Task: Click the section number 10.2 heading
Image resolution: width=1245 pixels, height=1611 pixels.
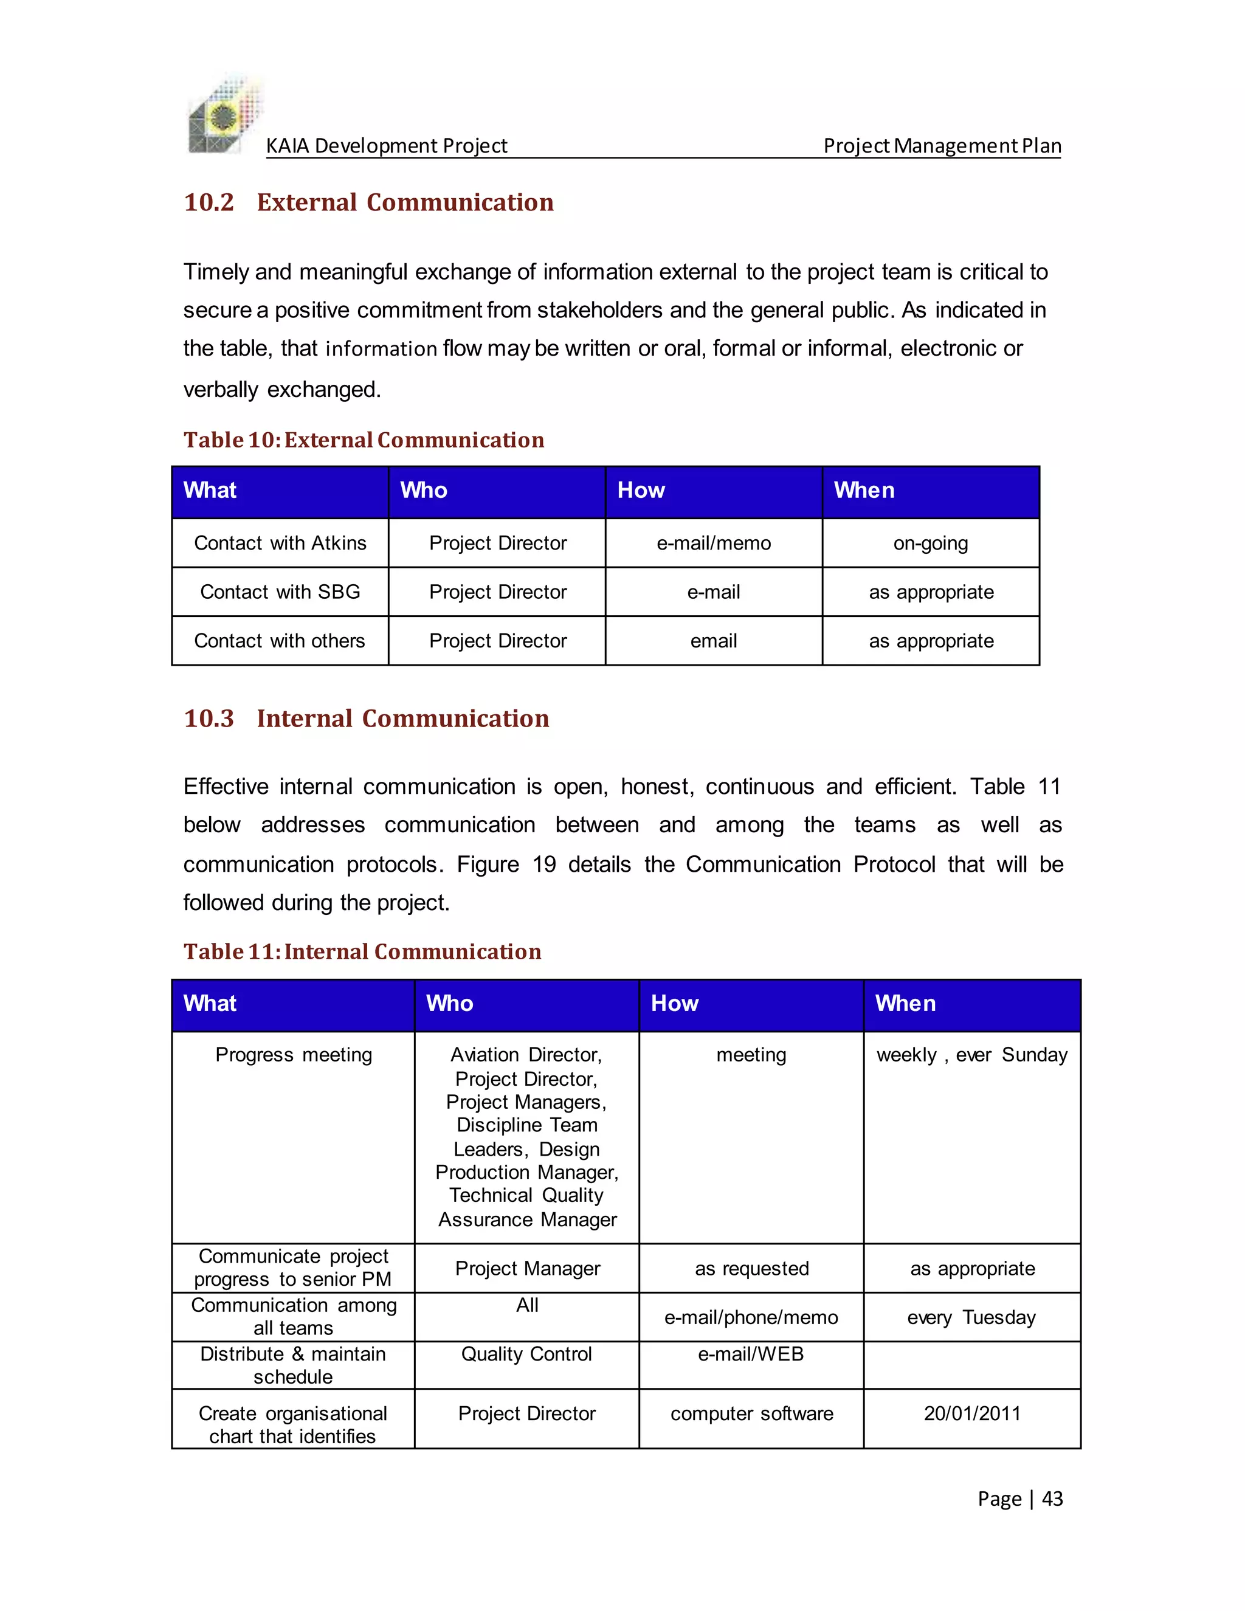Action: pos(209,202)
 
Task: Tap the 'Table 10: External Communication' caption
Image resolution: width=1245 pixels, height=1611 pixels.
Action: pos(364,440)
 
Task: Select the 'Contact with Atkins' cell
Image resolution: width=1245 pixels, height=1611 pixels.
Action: pos(280,543)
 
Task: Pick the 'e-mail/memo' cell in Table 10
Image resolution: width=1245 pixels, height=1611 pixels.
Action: pos(713,543)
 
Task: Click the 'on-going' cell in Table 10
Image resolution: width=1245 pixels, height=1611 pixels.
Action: pos(930,543)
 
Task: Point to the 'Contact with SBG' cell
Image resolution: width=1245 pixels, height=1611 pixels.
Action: pos(280,592)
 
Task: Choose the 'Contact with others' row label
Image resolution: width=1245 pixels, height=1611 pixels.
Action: pos(280,640)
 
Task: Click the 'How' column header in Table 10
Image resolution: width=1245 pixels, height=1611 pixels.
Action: pos(641,491)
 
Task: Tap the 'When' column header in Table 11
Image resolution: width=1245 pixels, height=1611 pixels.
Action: pos(905,1003)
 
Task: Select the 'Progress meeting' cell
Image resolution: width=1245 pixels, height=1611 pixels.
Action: pos(294,1055)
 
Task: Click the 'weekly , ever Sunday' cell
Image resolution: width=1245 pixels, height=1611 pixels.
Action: pos(971,1055)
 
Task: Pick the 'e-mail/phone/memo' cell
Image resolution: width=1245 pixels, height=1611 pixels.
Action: pos(751,1317)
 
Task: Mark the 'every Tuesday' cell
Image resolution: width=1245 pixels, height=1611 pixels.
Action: pos(971,1317)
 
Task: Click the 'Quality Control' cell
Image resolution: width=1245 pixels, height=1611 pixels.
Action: pos(526,1354)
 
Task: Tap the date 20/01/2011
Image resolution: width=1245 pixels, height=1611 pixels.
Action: pos(971,1413)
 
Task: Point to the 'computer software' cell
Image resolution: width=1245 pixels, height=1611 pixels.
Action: pos(751,1413)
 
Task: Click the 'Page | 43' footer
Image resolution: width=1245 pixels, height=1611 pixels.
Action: pos(1020,1499)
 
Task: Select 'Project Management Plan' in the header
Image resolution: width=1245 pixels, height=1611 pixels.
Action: pos(942,145)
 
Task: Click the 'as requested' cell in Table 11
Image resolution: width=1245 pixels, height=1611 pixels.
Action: pos(751,1269)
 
